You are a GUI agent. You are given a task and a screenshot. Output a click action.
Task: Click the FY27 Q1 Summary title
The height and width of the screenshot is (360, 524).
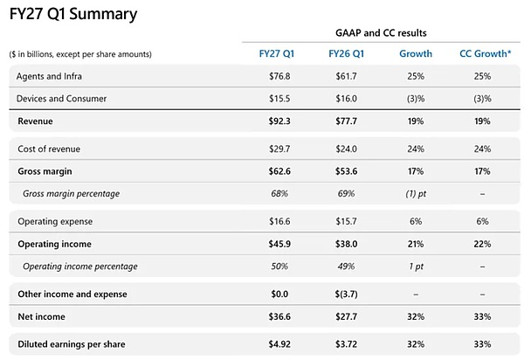pos(73,14)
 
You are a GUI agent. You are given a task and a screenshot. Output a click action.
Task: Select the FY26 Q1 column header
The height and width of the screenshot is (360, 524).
pos(346,54)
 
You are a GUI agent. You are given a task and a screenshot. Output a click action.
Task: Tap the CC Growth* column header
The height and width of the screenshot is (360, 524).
pos(486,54)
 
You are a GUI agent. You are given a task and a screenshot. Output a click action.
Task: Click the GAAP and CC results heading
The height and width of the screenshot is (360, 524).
pos(381,32)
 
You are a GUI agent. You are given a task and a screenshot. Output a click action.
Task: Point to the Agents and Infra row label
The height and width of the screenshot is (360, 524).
pos(49,76)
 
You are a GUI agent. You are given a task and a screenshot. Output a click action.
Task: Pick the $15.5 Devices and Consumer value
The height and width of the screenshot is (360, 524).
pos(279,99)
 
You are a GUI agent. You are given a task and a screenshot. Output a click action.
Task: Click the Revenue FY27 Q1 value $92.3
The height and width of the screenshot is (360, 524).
pos(279,121)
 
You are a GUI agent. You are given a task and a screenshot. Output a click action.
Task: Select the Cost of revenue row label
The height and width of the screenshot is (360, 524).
pos(49,149)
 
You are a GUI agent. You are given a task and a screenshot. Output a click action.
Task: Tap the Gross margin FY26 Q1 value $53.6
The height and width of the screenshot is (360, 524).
pos(346,171)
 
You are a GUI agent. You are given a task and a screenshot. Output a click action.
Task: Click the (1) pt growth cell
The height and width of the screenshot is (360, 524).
pos(416,194)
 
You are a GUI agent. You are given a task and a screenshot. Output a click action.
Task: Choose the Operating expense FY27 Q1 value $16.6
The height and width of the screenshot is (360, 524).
pos(279,221)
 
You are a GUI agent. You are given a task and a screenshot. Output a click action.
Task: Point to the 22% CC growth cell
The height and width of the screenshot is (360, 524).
pos(482,244)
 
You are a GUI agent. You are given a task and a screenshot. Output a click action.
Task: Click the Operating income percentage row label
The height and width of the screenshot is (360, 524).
pos(80,267)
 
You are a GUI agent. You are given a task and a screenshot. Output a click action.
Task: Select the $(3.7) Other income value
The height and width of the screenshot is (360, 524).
pos(346,294)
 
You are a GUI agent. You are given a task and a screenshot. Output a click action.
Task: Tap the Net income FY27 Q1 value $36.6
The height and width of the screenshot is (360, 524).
pos(279,316)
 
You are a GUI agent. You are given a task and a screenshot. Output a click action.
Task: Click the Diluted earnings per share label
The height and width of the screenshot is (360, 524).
pos(72,344)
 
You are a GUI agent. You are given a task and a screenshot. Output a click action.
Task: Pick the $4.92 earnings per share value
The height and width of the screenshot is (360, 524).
pos(279,344)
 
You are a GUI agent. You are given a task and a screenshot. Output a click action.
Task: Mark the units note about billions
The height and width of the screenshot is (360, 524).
pos(80,54)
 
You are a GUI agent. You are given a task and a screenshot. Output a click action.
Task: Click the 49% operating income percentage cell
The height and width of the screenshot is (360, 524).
pos(346,267)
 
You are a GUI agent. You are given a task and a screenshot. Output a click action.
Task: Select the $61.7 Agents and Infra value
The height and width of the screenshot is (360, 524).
pos(346,76)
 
